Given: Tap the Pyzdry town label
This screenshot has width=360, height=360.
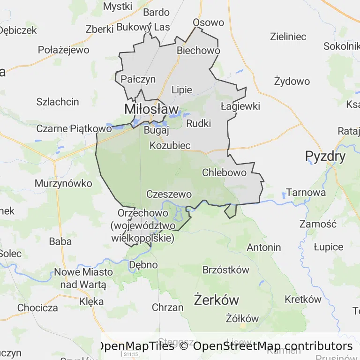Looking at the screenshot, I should (325, 156).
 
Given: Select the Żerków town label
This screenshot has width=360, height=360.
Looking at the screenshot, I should (217, 300).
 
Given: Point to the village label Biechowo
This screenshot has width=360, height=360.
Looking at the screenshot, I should (198, 51).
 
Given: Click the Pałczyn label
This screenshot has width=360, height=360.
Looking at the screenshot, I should (138, 79).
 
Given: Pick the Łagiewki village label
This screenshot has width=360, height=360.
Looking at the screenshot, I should (240, 106).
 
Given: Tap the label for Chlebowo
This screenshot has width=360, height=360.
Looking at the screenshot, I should (224, 172).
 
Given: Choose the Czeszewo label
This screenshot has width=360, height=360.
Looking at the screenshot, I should (169, 194).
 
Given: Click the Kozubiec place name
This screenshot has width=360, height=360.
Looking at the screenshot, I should (170, 145).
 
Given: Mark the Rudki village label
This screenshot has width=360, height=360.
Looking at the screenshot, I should (198, 124).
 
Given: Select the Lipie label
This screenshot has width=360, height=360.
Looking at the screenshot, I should (182, 90).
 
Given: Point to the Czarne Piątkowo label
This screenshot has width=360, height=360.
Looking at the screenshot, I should (74, 128).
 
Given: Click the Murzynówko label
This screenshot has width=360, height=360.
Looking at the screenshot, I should (63, 183).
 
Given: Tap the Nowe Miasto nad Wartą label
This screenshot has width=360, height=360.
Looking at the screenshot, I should (83, 278).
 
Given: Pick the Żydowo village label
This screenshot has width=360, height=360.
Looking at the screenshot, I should (292, 82).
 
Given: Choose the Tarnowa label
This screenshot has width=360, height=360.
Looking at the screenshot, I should (306, 193).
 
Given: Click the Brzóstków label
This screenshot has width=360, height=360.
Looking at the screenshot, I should (225, 270).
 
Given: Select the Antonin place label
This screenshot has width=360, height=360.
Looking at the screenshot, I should (263, 247).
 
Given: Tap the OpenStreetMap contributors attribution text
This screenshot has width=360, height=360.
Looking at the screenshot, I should (273, 346).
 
